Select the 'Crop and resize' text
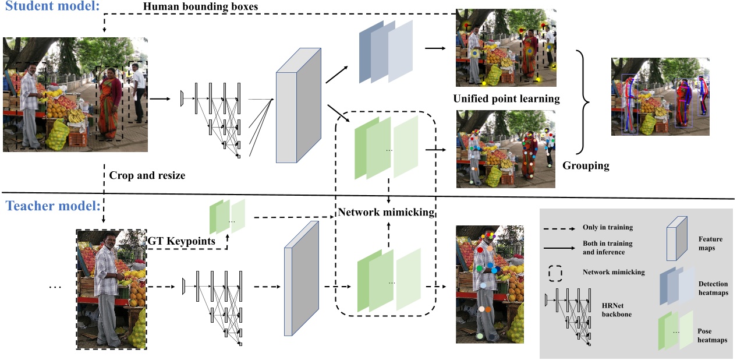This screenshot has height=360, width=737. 147,175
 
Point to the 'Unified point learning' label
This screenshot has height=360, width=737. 506,98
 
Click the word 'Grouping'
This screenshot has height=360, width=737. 586,166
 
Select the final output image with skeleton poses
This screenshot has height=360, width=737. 660,97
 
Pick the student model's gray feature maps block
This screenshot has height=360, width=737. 298,105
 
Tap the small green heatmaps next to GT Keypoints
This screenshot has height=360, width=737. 227,215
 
